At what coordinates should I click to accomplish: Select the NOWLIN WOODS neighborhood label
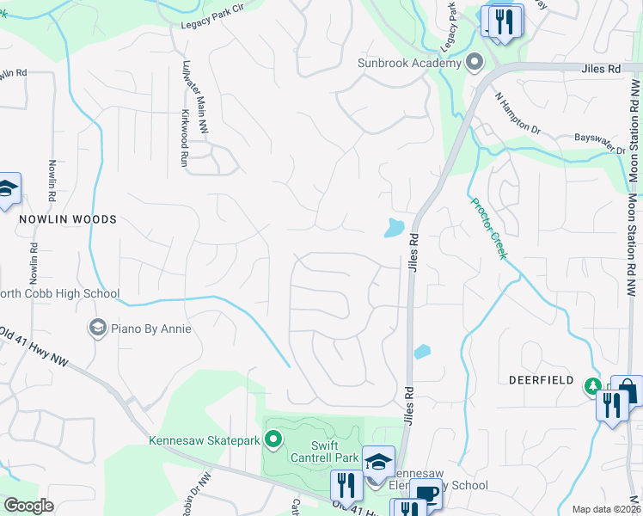tap(68, 219)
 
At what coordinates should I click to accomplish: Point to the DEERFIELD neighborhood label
tap(540, 379)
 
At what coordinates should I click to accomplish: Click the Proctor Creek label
tap(488, 229)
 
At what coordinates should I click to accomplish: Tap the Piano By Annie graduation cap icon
tap(98, 328)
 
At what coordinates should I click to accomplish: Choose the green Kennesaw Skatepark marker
tap(273, 440)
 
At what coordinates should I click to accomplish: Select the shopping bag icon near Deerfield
tap(628, 390)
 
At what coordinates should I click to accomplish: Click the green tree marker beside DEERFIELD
tap(592, 385)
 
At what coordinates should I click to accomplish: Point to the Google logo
tap(28, 506)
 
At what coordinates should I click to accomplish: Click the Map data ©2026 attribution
tap(606, 509)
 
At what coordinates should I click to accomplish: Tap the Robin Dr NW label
tap(194, 495)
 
